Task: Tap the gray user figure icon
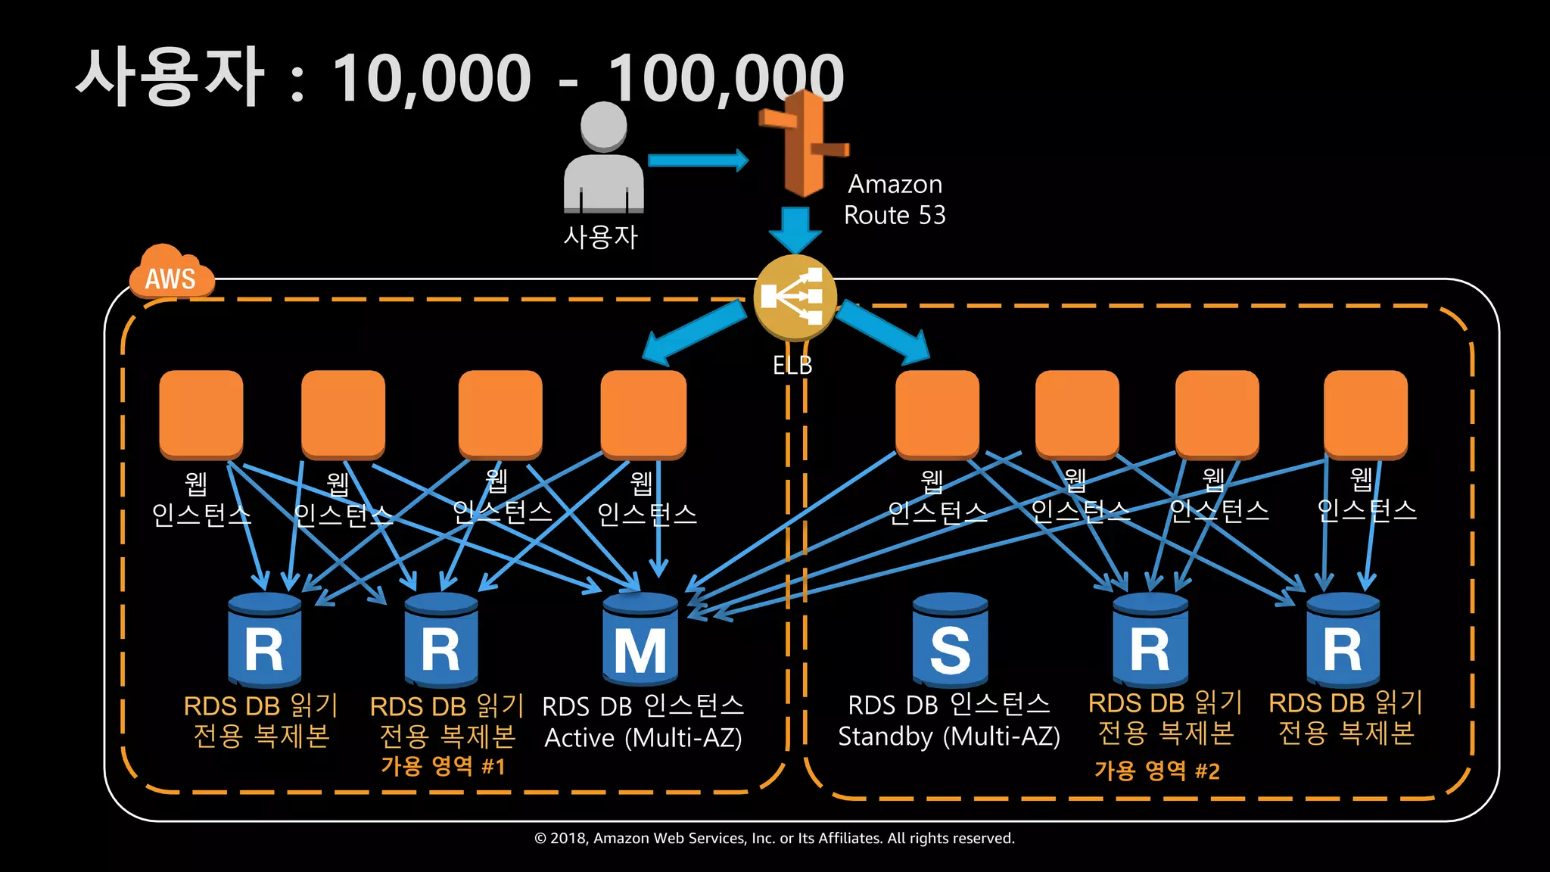coord(603,159)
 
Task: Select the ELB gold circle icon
coord(795,297)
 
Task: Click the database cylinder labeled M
coord(640,640)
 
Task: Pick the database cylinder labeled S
coord(950,640)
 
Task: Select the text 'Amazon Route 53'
coord(895,200)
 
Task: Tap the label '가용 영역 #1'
coord(443,766)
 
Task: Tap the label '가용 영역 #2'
coord(1157,771)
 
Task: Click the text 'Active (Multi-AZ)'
coord(643,738)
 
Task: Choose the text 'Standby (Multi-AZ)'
coord(949,737)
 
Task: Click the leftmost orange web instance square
coord(201,414)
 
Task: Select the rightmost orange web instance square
coord(1365,414)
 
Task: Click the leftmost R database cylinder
coord(265,640)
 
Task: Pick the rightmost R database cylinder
coord(1343,640)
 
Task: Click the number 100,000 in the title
coord(725,77)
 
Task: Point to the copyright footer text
coord(774,838)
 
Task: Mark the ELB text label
coord(792,366)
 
